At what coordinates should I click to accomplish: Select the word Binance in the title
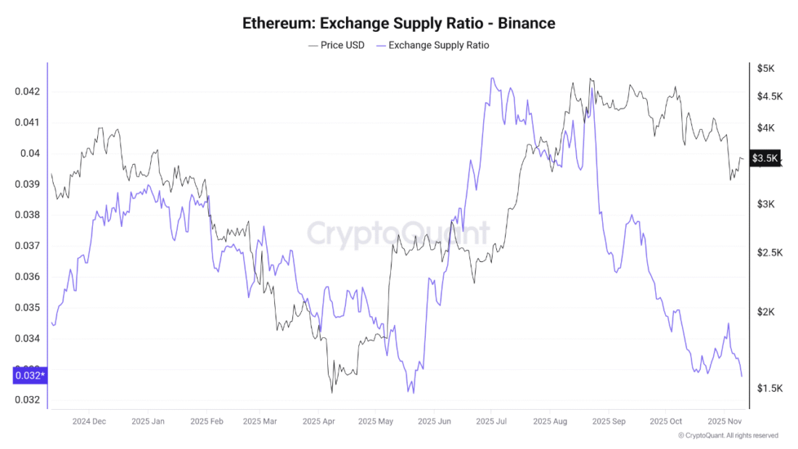tap(526, 23)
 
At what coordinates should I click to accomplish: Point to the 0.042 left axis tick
tap(27, 91)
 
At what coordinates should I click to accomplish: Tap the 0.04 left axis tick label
tap(30, 153)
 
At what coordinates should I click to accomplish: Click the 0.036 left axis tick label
tap(27, 276)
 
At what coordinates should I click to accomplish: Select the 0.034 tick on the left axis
tap(27, 338)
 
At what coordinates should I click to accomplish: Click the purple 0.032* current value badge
tap(30, 376)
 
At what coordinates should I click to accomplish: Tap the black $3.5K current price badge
tap(765, 158)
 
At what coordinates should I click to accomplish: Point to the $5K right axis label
tap(766, 68)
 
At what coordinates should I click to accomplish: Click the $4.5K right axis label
tap(770, 96)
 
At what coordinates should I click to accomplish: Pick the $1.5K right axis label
tap(770, 388)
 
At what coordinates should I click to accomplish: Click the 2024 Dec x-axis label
tap(89, 421)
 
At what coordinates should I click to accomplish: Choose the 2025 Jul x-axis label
tap(491, 421)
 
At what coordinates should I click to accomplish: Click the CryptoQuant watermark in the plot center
tap(398, 234)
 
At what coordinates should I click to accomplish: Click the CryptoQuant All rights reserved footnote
tap(728, 435)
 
